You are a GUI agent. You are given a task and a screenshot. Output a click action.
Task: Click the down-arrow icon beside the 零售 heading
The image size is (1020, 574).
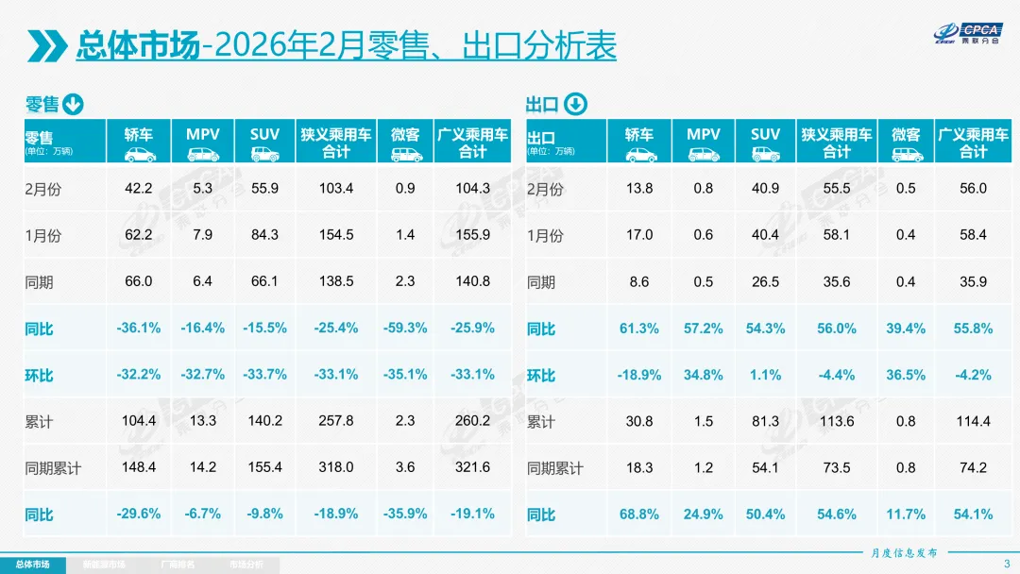[x=74, y=105]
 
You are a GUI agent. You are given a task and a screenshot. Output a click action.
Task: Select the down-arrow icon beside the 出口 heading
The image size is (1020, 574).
[x=575, y=105]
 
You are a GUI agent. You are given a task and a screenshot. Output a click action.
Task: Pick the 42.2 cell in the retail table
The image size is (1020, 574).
[x=139, y=188]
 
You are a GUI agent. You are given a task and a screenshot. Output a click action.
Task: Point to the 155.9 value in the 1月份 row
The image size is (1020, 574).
[x=472, y=235]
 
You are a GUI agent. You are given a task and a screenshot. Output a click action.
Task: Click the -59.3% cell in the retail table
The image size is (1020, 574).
[x=405, y=328]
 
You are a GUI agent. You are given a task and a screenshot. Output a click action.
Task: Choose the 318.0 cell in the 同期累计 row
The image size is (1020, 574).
[x=336, y=467]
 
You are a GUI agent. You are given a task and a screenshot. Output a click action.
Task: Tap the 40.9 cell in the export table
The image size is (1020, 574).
[x=765, y=188]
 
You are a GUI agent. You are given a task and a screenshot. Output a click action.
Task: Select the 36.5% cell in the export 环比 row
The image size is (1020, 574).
[x=906, y=375]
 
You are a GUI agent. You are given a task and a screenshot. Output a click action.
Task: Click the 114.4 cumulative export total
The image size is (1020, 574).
[x=973, y=421]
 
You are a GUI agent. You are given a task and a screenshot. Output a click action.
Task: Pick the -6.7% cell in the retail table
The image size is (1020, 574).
[x=202, y=514]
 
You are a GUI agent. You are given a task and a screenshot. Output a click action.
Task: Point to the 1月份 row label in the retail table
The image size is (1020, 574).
[x=43, y=236]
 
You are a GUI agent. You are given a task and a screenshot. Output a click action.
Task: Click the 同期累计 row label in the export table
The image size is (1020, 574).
[x=555, y=468]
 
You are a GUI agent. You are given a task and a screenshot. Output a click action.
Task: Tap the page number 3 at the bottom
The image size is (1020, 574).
[x=1006, y=565]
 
